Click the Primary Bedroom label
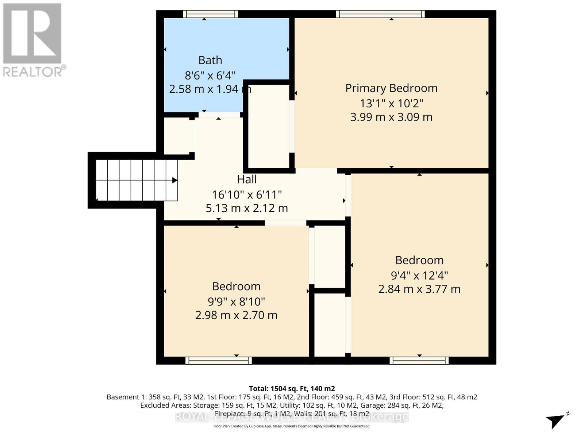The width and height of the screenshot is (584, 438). tap(391, 88)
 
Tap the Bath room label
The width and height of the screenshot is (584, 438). tap(210, 60)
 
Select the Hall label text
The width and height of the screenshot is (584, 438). tap(247, 179)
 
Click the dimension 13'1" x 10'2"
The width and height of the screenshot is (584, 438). tap(391, 103)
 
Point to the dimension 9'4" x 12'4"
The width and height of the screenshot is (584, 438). tap(419, 275)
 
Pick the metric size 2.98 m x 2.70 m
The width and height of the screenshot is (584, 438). tap(236, 315)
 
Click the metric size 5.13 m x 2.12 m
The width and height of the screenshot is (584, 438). tap(247, 208)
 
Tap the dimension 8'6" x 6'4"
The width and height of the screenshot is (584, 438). tap(210, 76)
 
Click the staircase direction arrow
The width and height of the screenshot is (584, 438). tap(174, 180)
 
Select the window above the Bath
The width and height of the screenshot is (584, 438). tap(211, 14)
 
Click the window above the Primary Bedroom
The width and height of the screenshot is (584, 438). tap(380, 14)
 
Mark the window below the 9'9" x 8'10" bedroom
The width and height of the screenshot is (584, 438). tap(218, 361)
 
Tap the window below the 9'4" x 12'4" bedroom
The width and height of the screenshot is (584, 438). tap(419, 361)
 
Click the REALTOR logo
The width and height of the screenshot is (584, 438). tap(33, 40)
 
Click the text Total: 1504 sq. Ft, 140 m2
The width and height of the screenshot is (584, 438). tap(292, 389)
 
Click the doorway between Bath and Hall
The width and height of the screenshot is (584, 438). tap(219, 115)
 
